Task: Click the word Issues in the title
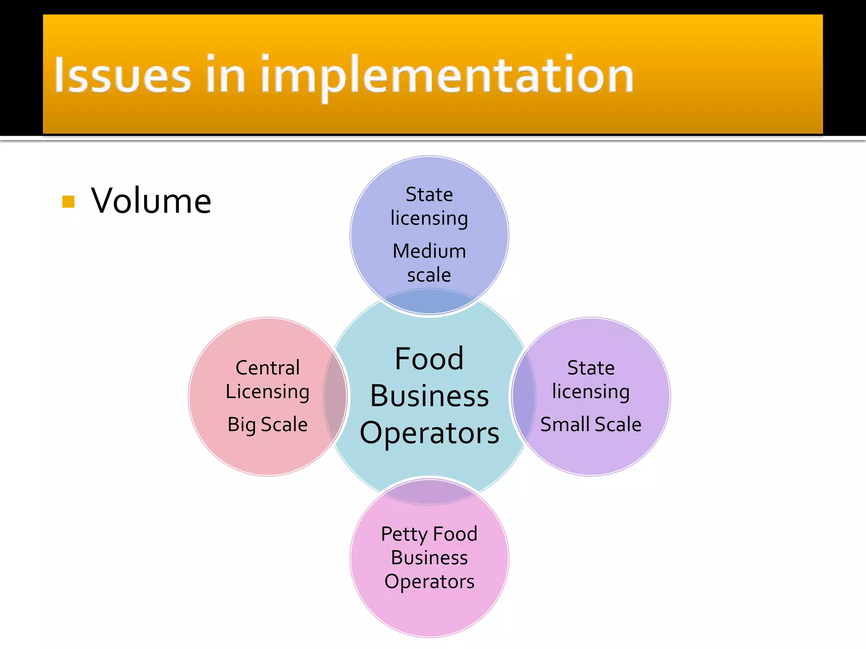pyautogui.click(x=123, y=75)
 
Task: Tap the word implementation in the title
pyautogui.click(x=447, y=76)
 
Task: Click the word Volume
pyautogui.click(x=151, y=201)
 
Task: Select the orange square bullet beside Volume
pyautogui.click(x=68, y=202)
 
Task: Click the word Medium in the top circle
pyautogui.click(x=429, y=251)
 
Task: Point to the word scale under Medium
pyautogui.click(x=429, y=275)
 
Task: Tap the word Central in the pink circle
pyautogui.click(x=268, y=368)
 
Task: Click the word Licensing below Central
pyautogui.click(x=268, y=392)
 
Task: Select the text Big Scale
pyautogui.click(x=268, y=424)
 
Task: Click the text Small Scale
pyautogui.click(x=591, y=424)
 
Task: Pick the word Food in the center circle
pyautogui.click(x=429, y=359)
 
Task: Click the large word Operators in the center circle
pyautogui.click(x=429, y=433)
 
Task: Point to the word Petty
pyautogui.click(x=404, y=534)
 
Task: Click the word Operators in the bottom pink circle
pyautogui.click(x=429, y=581)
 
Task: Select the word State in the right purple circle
pyautogui.click(x=591, y=368)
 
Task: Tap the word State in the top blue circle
pyautogui.click(x=429, y=195)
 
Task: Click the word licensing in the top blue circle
pyautogui.click(x=429, y=218)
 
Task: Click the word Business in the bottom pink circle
pyautogui.click(x=429, y=558)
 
